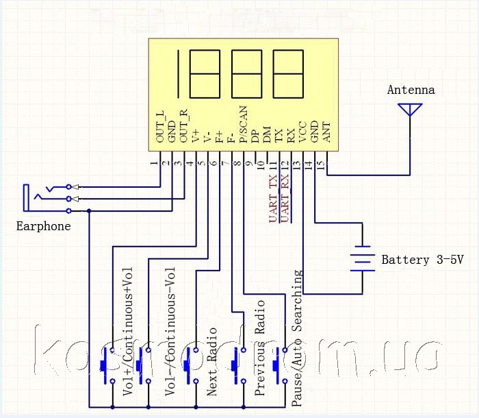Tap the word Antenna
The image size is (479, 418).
(x=411, y=90)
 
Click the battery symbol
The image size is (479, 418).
(x=362, y=259)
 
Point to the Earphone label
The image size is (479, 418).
(x=43, y=226)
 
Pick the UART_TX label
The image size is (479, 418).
(x=273, y=198)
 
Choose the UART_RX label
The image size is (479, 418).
(x=285, y=198)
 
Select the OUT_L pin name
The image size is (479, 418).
(x=160, y=127)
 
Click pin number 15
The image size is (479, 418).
(x=321, y=165)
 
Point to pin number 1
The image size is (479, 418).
(x=154, y=164)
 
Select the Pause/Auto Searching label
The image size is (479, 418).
(x=297, y=339)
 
